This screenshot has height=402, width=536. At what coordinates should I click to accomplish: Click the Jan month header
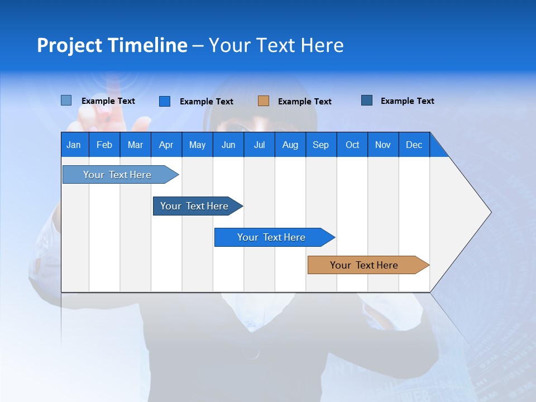click(x=74, y=145)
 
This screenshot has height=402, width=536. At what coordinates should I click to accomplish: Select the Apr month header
click(x=166, y=145)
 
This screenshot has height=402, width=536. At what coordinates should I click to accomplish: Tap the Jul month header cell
click(x=259, y=145)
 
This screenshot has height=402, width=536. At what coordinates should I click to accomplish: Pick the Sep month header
click(x=321, y=145)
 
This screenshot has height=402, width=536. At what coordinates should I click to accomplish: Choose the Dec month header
click(x=414, y=145)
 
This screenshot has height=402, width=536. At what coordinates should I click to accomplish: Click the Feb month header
click(x=104, y=145)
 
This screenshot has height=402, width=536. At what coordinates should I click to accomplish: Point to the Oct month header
click(x=352, y=145)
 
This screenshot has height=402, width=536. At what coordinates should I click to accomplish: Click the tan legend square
click(x=264, y=101)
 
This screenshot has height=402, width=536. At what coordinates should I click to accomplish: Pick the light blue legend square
click(x=66, y=100)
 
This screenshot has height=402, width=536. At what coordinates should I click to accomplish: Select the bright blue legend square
click(x=165, y=101)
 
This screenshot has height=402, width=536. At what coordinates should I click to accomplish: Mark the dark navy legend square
click(x=367, y=100)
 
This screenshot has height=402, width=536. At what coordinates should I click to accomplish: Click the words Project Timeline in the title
click(x=112, y=45)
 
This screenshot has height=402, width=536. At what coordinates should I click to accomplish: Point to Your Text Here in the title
click(x=276, y=45)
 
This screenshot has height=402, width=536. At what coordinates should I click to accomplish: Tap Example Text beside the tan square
click(x=304, y=102)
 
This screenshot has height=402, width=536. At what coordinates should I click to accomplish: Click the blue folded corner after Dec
click(x=437, y=149)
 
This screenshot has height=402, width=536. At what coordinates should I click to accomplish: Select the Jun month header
click(x=228, y=145)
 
